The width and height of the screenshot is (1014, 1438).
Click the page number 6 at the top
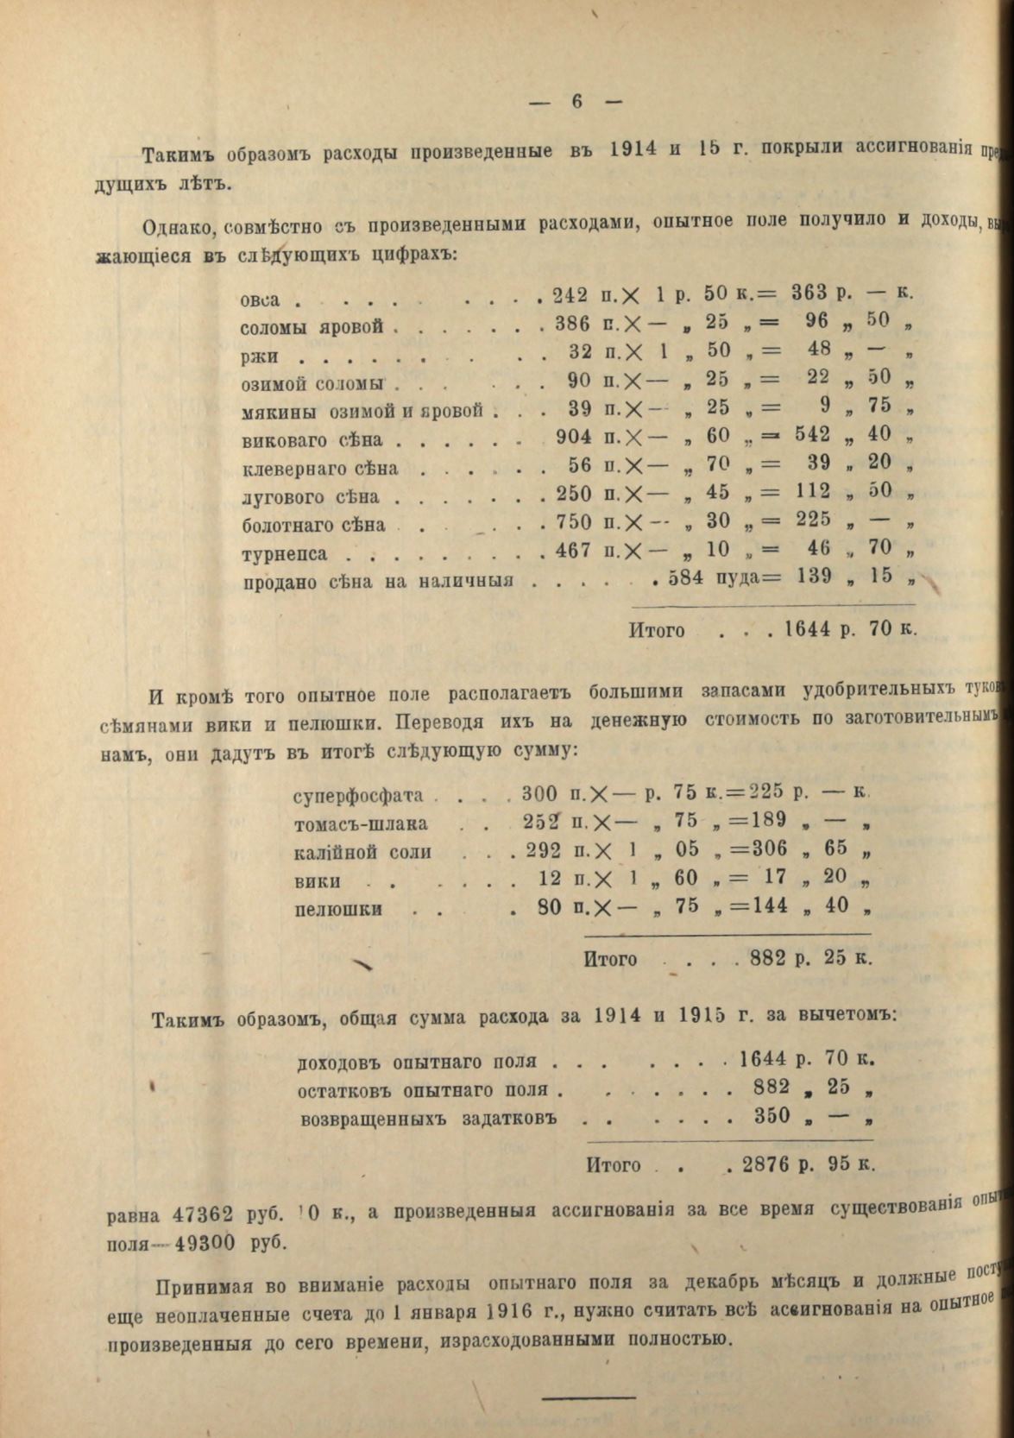click(x=576, y=101)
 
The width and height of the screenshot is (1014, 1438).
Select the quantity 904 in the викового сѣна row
click(x=574, y=437)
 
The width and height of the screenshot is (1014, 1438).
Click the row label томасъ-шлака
click(x=361, y=823)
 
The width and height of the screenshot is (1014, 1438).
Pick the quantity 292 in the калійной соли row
click(x=544, y=850)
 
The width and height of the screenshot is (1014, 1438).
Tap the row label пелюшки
click(x=338, y=909)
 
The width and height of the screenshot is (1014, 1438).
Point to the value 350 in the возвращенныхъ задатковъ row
click(x=772, y=1116)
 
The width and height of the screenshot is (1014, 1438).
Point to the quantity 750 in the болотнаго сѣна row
click(x=574, y=522)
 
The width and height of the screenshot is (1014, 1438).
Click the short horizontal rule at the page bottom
click(x=588, y=1395)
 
